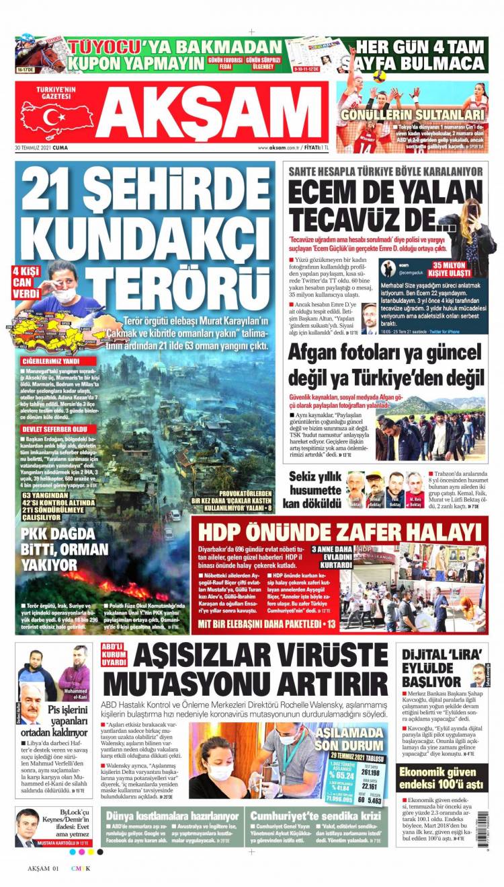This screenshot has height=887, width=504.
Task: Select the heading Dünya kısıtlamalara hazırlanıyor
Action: click(173, 815)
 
